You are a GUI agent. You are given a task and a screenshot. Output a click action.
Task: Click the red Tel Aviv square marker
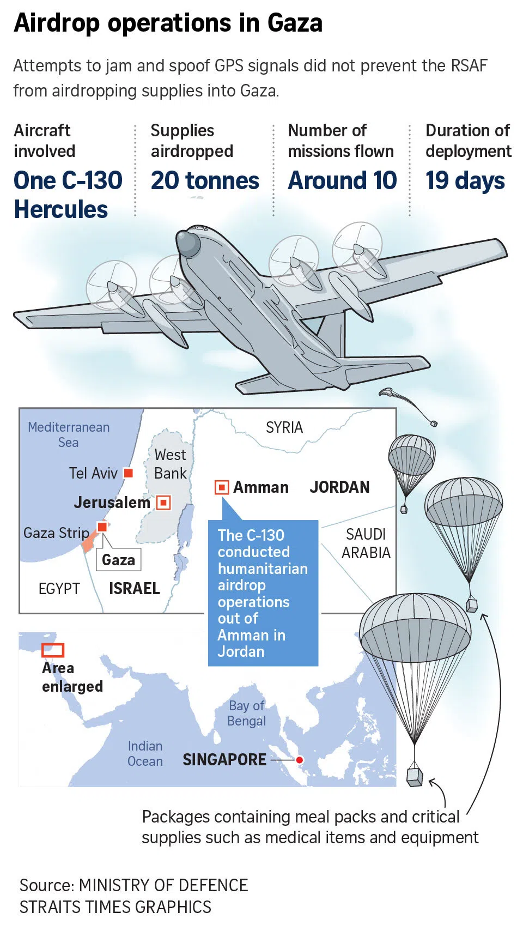[129, 473]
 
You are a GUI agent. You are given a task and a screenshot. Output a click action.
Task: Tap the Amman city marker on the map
[222, 487]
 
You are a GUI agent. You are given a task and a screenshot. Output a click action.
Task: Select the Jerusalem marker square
[163, 502]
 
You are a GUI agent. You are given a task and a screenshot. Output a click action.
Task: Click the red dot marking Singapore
[299, 760]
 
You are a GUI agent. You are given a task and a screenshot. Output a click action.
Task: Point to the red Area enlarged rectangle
[53, 650]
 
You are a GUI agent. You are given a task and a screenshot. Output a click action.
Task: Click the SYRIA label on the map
[284, 427]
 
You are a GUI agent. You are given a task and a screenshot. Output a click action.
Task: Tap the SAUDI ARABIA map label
[366, 543]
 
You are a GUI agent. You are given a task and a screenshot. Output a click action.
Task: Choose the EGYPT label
[59, 589]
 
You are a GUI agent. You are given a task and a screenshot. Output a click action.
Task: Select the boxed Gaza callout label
[118, 560]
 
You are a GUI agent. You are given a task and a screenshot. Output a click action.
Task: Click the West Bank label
[170, 464]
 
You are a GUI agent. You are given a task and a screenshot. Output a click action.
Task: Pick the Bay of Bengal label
[246, 714]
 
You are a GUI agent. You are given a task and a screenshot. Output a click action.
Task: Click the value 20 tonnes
[205, 180]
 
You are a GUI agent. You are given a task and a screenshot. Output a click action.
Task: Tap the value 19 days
[465, 180]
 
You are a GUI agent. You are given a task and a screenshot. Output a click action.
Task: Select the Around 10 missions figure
[342, 180]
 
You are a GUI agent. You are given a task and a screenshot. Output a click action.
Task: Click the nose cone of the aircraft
[187, 243]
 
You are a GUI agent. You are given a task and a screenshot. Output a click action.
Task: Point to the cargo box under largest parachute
[415, 776]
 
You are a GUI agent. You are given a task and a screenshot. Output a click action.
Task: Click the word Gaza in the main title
[295, 23]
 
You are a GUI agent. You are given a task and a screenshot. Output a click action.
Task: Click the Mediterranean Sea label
[69, 434]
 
